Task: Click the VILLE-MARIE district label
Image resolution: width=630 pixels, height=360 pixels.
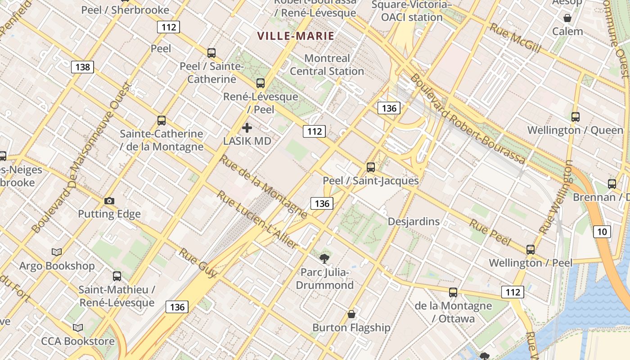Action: [296, 36]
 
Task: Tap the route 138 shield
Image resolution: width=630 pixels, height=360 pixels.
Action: [82, 67]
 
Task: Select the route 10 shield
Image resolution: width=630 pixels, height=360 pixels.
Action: [602, 232]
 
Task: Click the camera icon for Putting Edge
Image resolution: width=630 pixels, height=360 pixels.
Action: [109, 201]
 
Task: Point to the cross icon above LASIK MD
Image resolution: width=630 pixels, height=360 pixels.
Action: [247, 128]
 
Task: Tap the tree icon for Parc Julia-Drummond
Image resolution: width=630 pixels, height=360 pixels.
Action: [324, 258]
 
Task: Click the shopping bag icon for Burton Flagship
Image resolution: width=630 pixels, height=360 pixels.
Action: [351, 314]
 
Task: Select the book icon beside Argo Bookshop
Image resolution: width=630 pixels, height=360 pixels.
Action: [57, 252]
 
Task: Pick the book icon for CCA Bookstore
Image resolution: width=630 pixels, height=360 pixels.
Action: [78, 328]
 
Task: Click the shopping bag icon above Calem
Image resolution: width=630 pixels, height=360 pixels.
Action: [567, 18]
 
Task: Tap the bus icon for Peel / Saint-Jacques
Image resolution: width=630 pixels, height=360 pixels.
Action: [371, 167]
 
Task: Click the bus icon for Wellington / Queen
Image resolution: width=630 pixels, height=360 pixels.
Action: [575, 117]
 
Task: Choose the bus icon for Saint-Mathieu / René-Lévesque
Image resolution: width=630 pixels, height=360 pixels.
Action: [117, 276]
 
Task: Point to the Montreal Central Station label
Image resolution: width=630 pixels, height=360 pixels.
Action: [327, 65]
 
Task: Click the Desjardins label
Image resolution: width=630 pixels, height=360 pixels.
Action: [414, 221]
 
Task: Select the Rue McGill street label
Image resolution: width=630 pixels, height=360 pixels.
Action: [515, 38]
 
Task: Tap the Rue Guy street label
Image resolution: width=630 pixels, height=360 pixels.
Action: [198, 262]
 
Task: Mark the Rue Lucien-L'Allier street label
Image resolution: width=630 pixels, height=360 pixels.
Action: [257, 220]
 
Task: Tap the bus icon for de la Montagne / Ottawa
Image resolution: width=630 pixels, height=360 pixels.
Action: [453, 292]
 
